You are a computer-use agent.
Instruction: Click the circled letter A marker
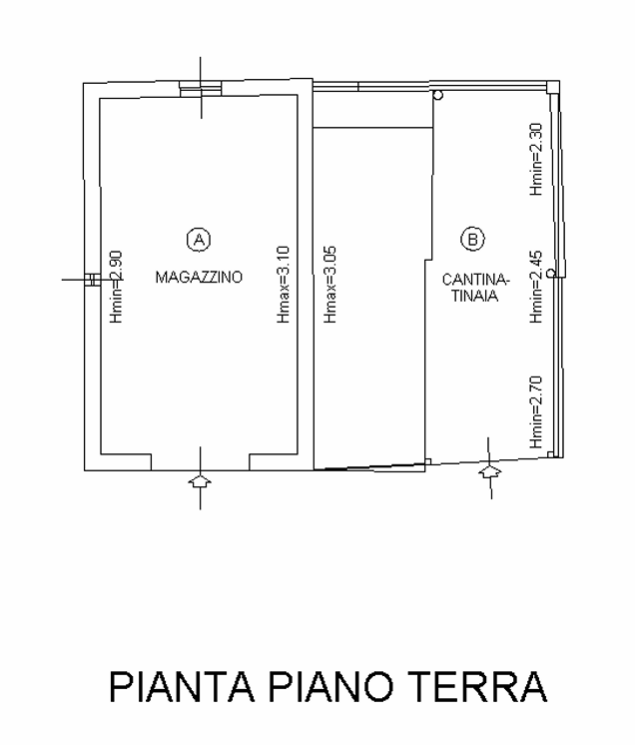pyautogui.click(x=199, y=240)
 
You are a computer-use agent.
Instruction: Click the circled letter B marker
pyautogui.click(x=472, y=239)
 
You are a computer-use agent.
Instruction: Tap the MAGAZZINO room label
pyautogui.click(x=199, y=277)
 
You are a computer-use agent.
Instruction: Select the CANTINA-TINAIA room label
pyautogui.click(x=475, y=288)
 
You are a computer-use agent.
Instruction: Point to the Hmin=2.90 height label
pyautogui.click(x=117, y=287)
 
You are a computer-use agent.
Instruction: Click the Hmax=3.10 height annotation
pyautogui.click(x=284, y=285)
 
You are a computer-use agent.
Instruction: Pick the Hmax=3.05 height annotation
pyautogui.click(x=330, y=285)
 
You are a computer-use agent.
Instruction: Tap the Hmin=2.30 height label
pyautogui.click(x=536, y=159)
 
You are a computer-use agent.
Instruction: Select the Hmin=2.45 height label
pyautogui.click(x=536, y=287)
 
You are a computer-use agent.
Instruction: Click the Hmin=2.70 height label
pyautogui.click(x=536, y=411)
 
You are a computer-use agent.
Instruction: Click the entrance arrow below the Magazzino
pyautogui.click(x=200, y=480)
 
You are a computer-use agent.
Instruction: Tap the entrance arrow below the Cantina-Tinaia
pyautogui.click(x=490, y=472)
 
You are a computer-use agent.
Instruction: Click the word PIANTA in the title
pyautogui.click(x=182, y=686)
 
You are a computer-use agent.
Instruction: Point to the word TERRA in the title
pyautogui.click(x=478, y=686)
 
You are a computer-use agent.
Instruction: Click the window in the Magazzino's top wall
pyautogui.click(x=201, y=88)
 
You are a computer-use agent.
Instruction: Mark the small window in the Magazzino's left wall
pyautogui.click(x=92, y=280)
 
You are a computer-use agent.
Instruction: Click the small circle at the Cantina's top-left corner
pyautogui.click(x=438, y=96)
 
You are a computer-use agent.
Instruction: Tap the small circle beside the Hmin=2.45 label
pyautogui.click(x=551, y=274)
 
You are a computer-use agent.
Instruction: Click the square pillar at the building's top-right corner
pyautogui.click(x=552, y=87)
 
